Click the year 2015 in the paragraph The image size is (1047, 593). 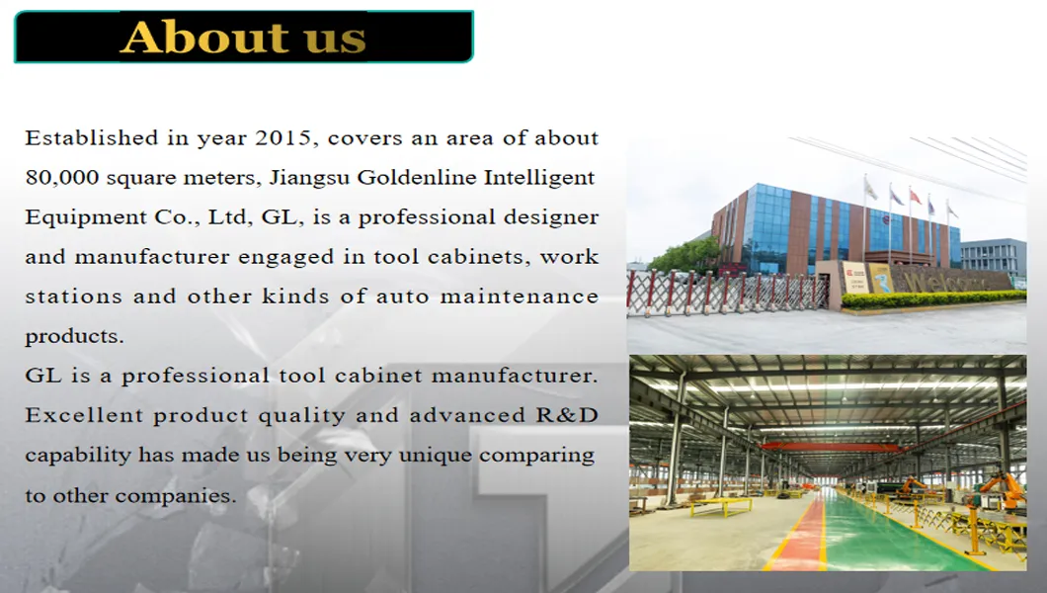[283, 138]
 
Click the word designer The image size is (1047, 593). [551, 217]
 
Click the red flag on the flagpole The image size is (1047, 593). [915, 197]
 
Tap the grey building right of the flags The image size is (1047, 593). [993, 257]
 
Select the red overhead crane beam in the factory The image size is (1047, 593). [830, 447]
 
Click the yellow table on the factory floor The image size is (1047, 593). [720, 505]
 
